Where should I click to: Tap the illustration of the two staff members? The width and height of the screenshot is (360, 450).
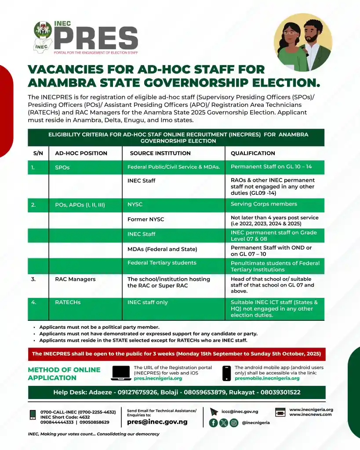[x=303, y=42]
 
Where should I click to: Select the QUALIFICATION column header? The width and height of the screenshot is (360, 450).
[x=253, y=153]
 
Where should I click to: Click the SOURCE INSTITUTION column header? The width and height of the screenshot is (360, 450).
[x=160, y=153]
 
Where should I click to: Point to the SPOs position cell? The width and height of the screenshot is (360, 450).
[x=62, y=167]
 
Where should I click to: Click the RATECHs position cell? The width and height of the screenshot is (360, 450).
[x=68, y=302]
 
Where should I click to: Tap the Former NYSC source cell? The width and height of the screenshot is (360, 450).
[x=145, y=219]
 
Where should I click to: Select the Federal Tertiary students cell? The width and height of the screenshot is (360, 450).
[x=162, y=263]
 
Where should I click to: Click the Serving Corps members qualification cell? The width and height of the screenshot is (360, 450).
[x=264, y=204]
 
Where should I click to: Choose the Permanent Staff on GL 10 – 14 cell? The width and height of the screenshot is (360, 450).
[x=271, y=167]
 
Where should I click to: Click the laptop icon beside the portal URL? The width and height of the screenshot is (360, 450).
[x=121, y=373]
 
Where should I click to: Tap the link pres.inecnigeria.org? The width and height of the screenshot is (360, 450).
[x=158, y=378]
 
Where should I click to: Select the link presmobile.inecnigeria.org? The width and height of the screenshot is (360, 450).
[x=267, y=378]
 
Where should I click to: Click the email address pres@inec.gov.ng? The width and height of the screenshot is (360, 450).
[x=157, y=422]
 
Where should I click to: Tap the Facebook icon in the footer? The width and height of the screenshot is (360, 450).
[x=214, y=423]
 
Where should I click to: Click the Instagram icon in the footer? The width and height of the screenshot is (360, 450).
[x=234, y=423]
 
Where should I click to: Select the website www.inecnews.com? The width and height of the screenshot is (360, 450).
[x=310, y=414]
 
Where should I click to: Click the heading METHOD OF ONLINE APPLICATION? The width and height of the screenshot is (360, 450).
[x=64, y=374]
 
